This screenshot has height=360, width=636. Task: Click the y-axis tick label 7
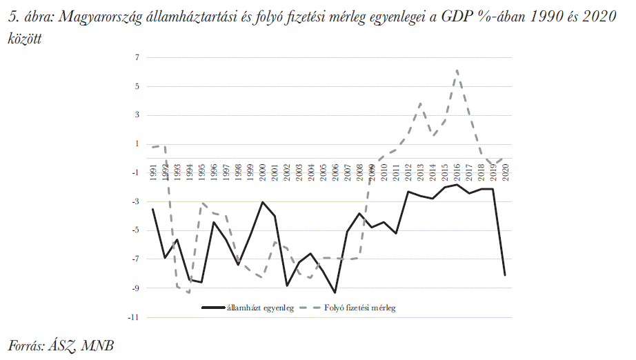137,58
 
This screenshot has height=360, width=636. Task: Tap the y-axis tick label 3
137,115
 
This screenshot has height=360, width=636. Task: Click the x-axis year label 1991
153,172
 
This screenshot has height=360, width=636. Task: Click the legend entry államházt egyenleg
261,308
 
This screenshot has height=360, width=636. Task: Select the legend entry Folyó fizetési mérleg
359,308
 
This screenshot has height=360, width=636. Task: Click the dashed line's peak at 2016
457,70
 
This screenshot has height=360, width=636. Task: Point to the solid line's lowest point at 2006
335,292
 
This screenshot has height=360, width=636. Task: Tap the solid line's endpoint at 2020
506,275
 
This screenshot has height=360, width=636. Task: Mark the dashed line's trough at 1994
189,292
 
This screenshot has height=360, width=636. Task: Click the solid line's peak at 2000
262,202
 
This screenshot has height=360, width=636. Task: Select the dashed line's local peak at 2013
421,103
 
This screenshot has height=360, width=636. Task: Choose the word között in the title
24,40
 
